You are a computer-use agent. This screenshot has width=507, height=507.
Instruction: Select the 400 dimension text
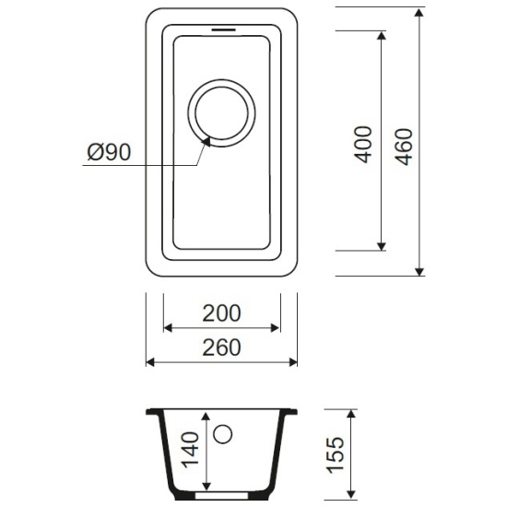(364, 143)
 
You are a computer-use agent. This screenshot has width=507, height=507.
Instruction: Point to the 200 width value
(222, 312)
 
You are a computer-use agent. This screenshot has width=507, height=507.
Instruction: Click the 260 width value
(222, 348)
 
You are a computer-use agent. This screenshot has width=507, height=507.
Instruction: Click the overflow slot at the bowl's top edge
(221, 29)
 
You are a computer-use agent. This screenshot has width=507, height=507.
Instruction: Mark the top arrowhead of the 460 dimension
(419, 12)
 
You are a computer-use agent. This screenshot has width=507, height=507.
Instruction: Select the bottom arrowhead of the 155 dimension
(352, 497)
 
